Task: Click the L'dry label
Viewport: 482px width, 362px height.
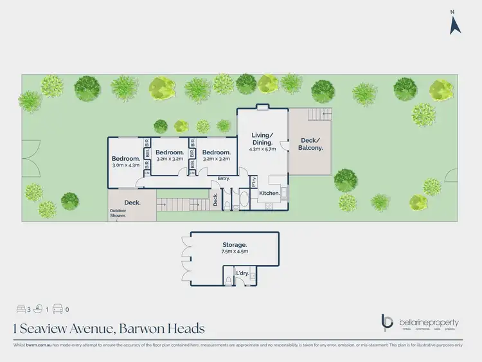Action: pyautogui.click(x=242, y=274)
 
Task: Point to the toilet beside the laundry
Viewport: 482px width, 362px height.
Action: pyautogui.click(x=229, y=280)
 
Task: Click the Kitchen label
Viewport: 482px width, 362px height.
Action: pyautogui.click(x=269, y=192)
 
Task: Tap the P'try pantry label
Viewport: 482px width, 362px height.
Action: pyautogui.click(x=254, y=181)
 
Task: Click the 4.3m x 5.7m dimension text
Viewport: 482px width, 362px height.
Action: pyautogui.click(x=262, y=149)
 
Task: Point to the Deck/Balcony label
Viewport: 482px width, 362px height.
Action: pyautogui.click(x=310, y=143)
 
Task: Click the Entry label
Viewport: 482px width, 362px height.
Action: pyautogui.click(x=224, y=178)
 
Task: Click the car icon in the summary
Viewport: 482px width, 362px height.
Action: pyautogui.click(x=57, y=308)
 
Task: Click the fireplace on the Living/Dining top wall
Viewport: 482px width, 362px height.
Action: pyautogui.click(x=262, y=107)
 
